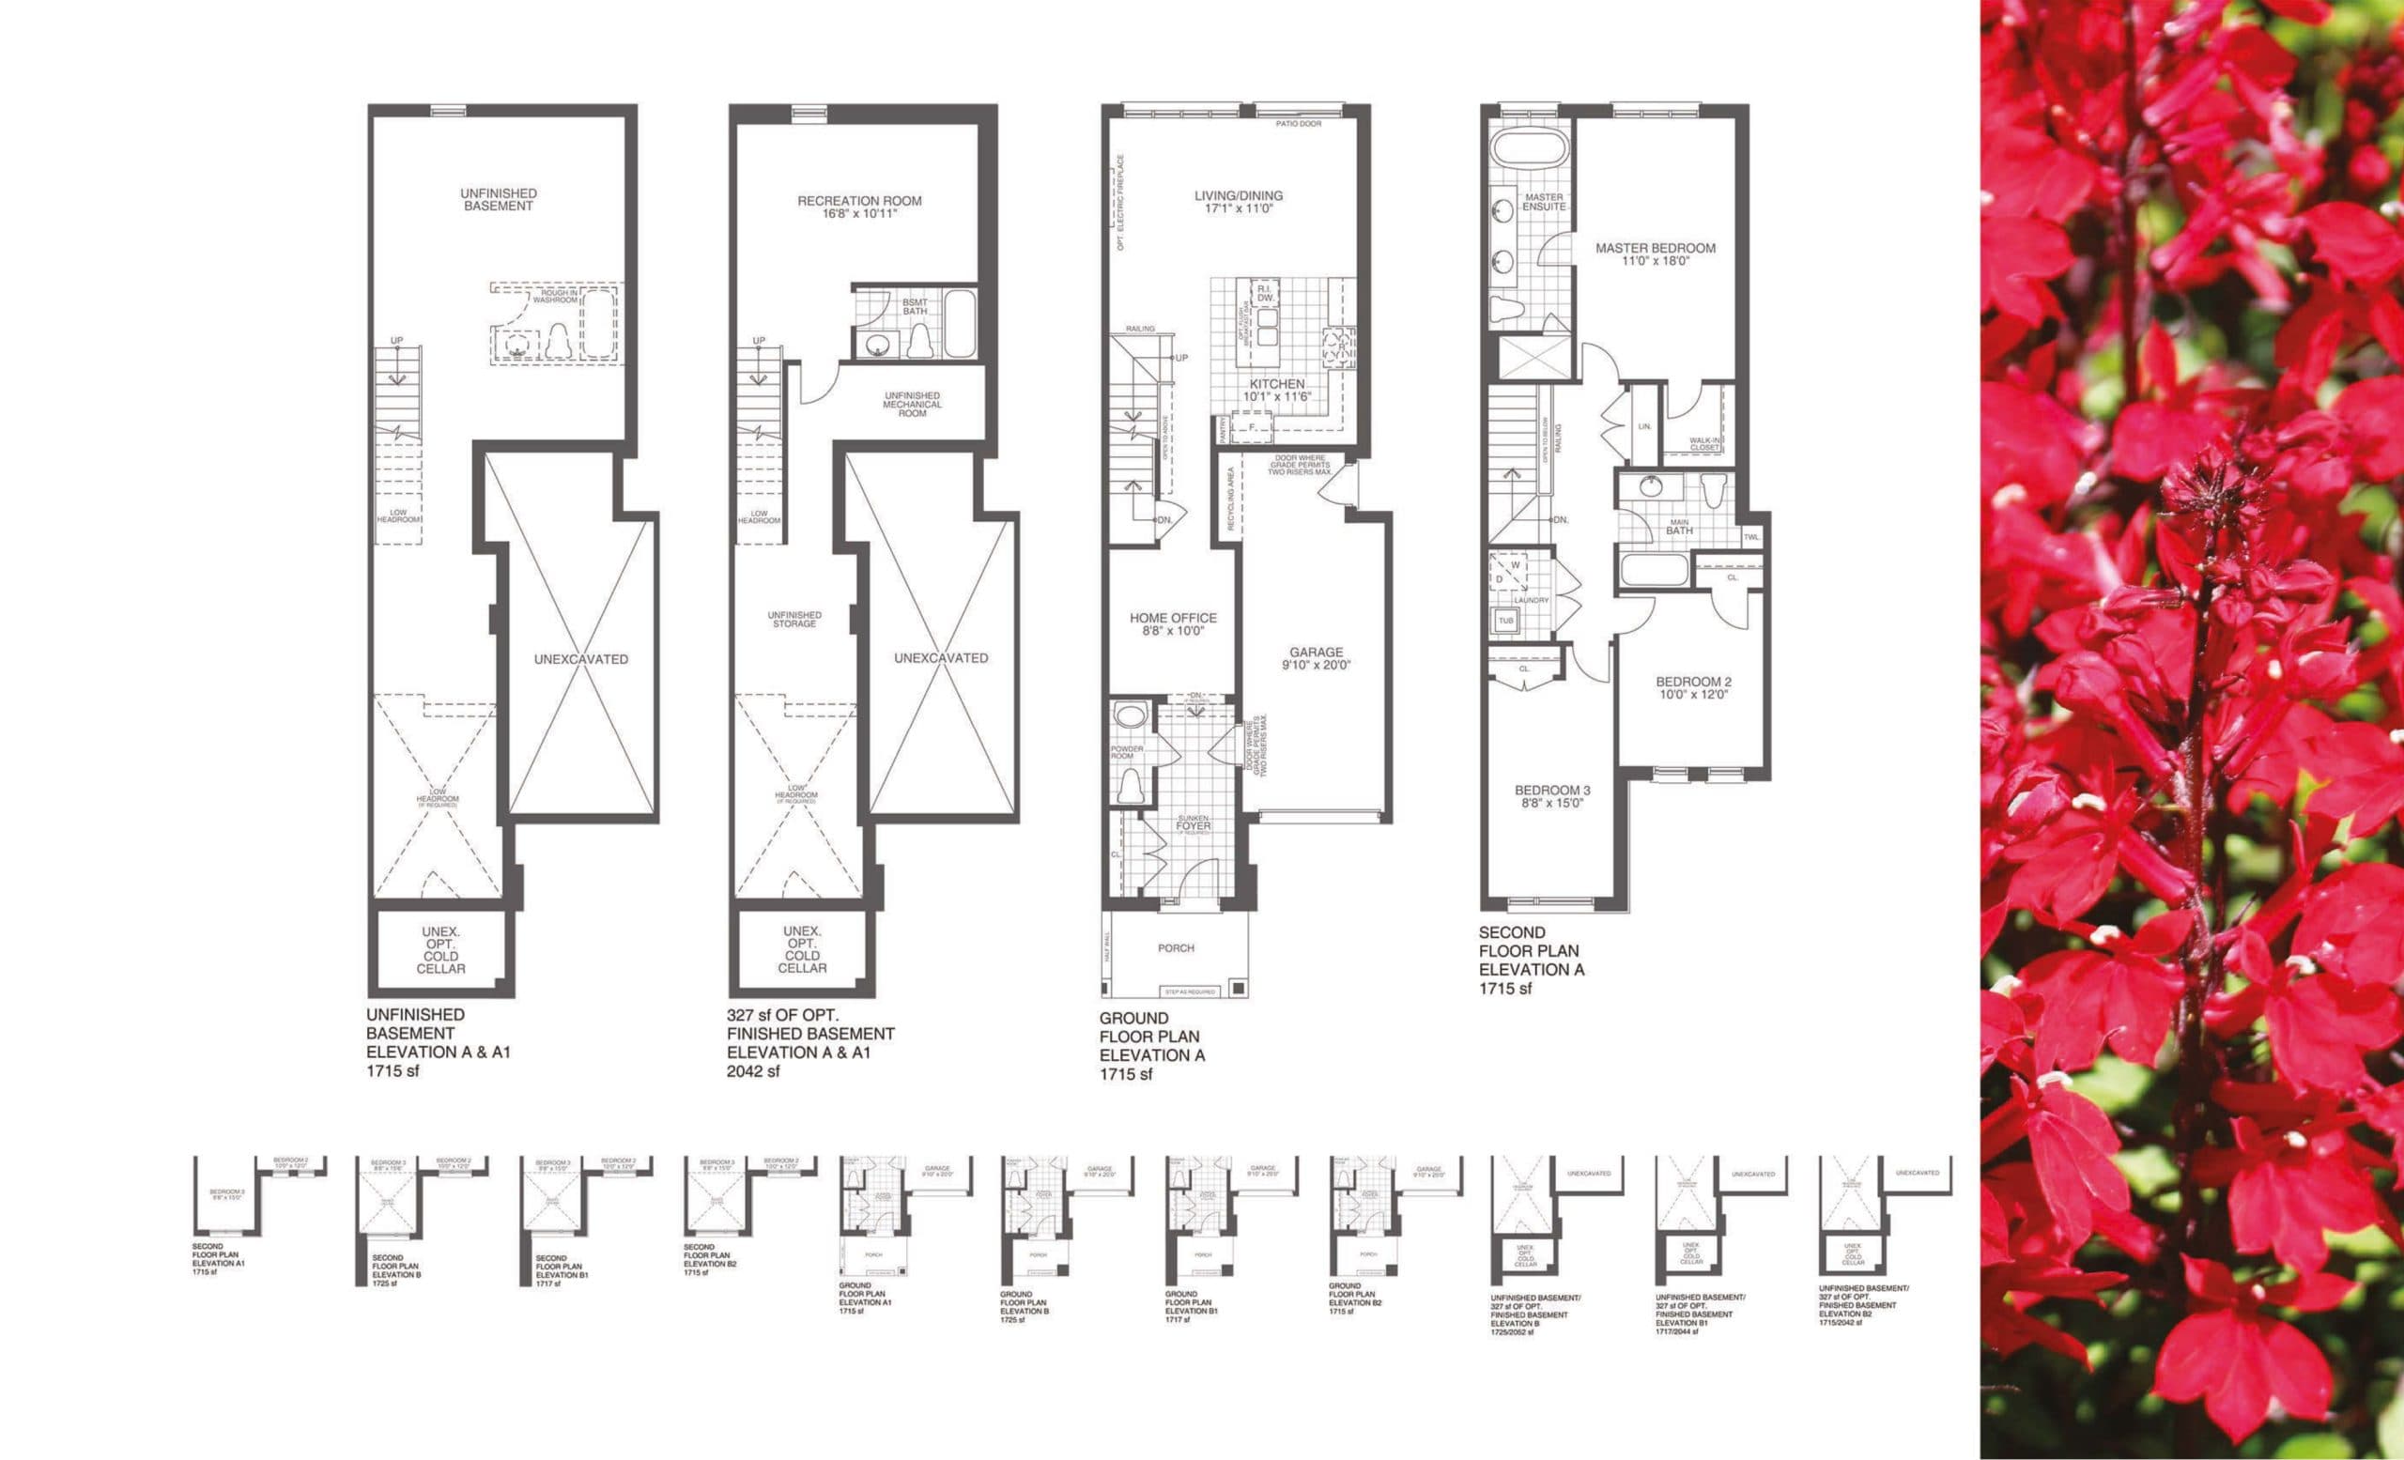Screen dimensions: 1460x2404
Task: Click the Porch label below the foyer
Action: [x=1176, y=948]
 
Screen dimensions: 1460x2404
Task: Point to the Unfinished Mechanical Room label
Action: [x=912, y=405]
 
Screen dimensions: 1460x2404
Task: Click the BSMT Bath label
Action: [x=916, y=307]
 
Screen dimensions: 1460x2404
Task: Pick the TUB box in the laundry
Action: [x=1505, y=621]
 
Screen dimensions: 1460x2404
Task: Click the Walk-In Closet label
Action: [x=1704, y=444]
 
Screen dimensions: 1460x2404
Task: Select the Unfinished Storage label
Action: [x=794, y=620]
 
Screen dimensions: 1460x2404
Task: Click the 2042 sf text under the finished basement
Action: [x=753, y=1071]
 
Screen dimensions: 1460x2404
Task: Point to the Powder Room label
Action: [x=1126, y=752]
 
